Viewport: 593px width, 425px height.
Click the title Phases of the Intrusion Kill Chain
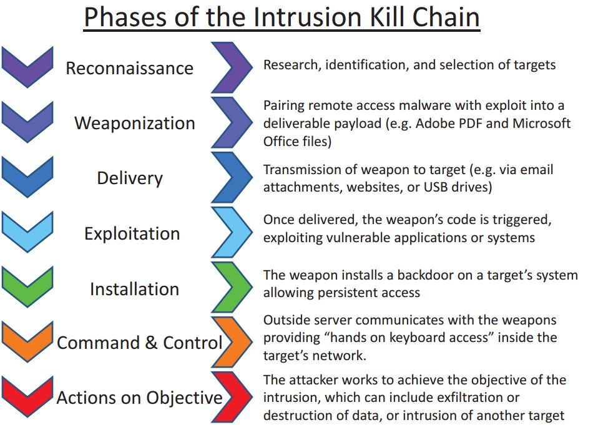click(282, 17)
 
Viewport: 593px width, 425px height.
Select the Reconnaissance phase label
click(129, 67)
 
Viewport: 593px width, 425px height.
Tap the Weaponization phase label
click(134, 122)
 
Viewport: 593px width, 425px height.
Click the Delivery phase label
click(129, 178)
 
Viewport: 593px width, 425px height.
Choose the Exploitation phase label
click(132, 233)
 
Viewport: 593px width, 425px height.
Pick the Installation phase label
click(134, 289)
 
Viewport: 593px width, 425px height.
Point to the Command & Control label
click(139, 343)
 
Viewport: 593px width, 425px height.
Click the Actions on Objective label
click(139, 398)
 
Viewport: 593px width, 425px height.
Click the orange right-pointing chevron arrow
click(231, 343)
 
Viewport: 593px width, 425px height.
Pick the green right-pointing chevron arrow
click(231, 288)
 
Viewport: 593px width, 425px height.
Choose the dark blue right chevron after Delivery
click(231, 177)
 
